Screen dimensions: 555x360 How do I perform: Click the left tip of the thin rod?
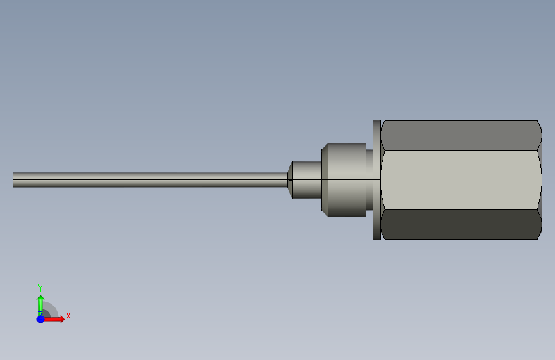pyautogui.click(x=13, y=180)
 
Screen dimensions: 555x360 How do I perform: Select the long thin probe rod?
pyautogui.click(x=150, y=180)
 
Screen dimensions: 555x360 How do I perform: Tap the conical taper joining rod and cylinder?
pyautogui.click(x=290, y=180)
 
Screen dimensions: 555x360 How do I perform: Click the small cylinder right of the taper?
pyautogui.click(x=307, y=180)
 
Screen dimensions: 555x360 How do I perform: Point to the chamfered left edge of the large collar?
pyautogui.click(x=325, y=180)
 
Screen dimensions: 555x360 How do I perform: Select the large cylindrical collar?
pyautogui.click(x=344, y=180)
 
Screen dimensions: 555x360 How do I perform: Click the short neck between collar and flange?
pyautogui.click(x=369, y=180)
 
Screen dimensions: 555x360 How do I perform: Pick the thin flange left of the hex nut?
pyautogui.click(x=376, y=180)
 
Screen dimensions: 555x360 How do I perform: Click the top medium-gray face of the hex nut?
pyautogui.click(x=461, y=135)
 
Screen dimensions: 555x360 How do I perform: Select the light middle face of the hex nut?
pyautogui.click(x=461, y=180)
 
